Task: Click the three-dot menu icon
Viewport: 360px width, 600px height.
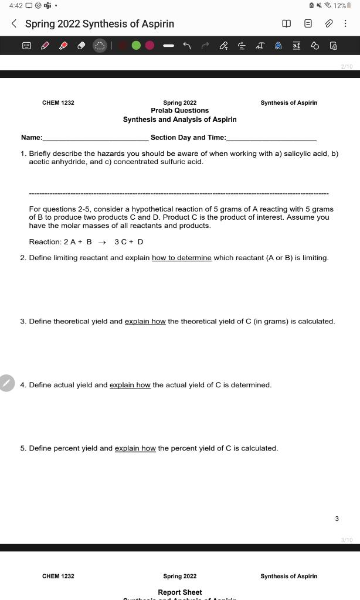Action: [x=345, y=24]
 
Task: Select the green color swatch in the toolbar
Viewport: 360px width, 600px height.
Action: [x=136, y=45]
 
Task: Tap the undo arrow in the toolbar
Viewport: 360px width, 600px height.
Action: [x=187, y=45]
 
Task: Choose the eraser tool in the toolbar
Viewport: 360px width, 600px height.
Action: [x=81, y=45]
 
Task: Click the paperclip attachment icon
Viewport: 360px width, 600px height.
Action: [x=329, y=24]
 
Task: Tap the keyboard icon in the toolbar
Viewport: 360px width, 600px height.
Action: [x=26, y=45]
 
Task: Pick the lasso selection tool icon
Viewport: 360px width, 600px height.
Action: [x=100, y=45]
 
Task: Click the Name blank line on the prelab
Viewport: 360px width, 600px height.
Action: [x=95, y=138]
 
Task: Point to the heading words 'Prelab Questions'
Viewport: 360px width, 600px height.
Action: [x=179, y=111]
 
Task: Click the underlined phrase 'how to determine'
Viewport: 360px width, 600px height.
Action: [x=181, y=258]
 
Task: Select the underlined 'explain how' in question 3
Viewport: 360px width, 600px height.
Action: [x=145, y=322]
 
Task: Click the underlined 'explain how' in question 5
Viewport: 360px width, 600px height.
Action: [x=135, y=448]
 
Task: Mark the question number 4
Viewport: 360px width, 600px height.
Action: [x=23, y=385]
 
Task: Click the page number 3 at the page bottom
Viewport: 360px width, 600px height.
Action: [x=337, y=519]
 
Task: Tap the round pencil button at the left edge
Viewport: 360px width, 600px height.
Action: [x=6, y=383]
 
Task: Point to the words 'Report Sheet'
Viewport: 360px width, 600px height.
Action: [x=179, y=592]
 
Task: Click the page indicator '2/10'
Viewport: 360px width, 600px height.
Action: [x=347, y=67]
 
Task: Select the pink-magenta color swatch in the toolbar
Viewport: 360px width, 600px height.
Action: [x=150, y=45]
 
